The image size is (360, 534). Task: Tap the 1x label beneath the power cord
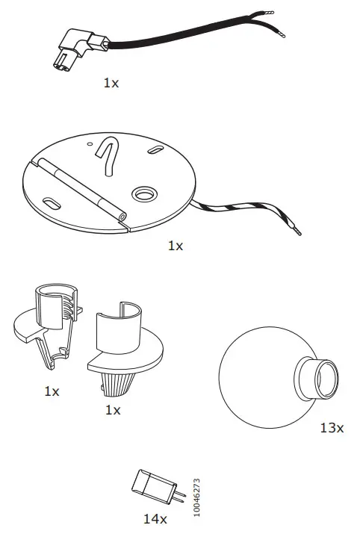[111, 83]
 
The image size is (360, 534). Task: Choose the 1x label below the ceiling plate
[175, 245]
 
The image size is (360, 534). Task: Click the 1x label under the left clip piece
[52, 391]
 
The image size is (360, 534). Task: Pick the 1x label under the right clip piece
[113, 410]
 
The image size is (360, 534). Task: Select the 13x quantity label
[331, 428]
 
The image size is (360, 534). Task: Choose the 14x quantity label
[155, 517]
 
